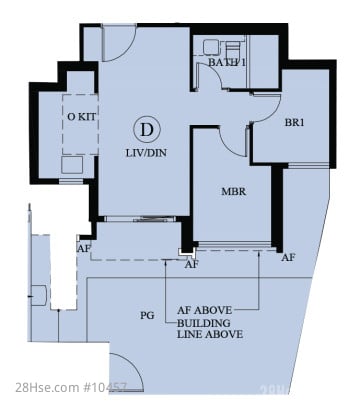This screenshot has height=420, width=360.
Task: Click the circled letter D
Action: click(146, 129)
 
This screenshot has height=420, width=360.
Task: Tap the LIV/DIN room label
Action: click(146, 153)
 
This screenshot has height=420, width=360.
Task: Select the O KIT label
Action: click(82, 117)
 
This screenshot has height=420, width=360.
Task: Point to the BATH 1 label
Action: click(227, 62)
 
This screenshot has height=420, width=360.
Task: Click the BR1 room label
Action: click(294, 122)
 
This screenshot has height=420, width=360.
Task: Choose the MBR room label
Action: click(234, 192)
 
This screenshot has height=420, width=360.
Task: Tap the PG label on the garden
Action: click(147, 315)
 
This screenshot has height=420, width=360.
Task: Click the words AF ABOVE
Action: click(204, 310)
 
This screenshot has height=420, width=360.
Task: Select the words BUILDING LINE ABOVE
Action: click(210, 329)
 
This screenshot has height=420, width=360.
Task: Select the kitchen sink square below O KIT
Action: click(72, 165)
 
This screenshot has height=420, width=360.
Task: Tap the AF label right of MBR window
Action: click(288, 257)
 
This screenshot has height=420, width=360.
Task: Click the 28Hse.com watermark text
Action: click(71, 387)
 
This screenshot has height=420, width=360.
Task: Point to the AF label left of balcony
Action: click(83, 249)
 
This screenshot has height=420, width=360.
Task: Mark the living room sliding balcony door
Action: click(140, 219)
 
